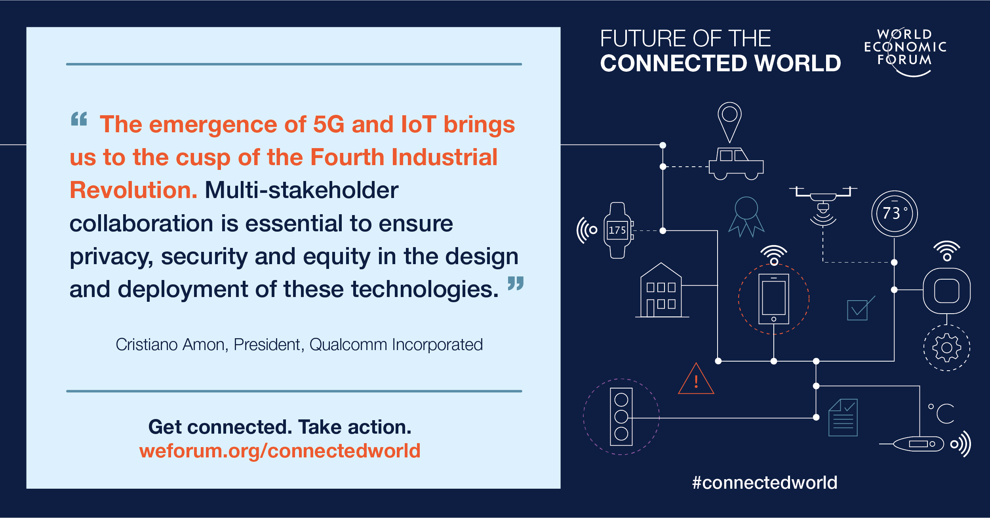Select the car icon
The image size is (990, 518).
(x=736, y=164)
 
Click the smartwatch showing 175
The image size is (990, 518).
(x=617, y=230)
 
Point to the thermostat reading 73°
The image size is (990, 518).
(x=894, y=213)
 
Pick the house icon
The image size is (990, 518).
(x=661, y=291)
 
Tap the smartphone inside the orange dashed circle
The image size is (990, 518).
(x=773, y=299)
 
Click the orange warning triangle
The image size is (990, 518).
(x=696, y=381)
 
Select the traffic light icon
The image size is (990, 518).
(x=621, y=417)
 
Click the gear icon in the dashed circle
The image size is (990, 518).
(x=946, y=348)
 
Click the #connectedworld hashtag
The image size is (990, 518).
(x=764, y=482)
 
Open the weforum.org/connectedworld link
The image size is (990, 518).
(x=280, y=451)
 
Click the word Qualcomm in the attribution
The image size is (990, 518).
(x=348, y=345)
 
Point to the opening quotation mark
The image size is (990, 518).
(x=79, y=119)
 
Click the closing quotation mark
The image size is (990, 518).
(x=515, y=283)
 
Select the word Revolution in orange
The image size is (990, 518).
(x=133, y=190)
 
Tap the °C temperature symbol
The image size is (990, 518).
(x=942, y=413)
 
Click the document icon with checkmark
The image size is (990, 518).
(x=843, y=417)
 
